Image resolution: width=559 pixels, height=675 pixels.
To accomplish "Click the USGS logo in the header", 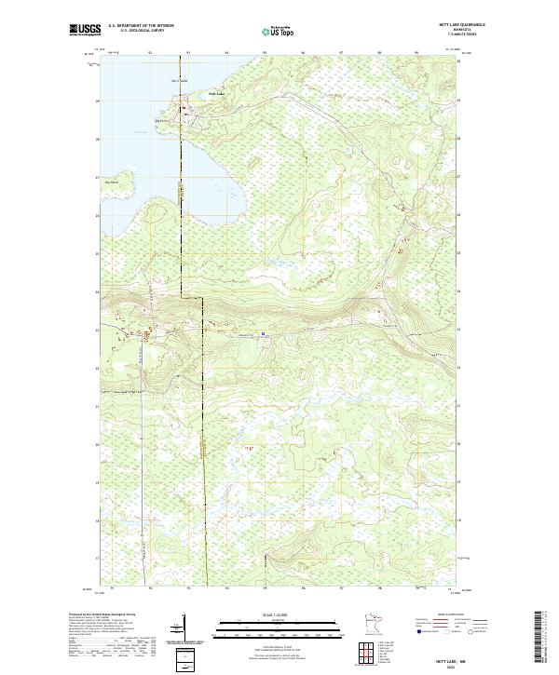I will click(x=85, y=30).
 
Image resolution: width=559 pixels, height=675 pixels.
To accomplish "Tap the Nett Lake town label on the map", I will click(x=215, y=94).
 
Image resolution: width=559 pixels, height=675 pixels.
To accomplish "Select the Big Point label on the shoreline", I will click(x=160, y=119).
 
